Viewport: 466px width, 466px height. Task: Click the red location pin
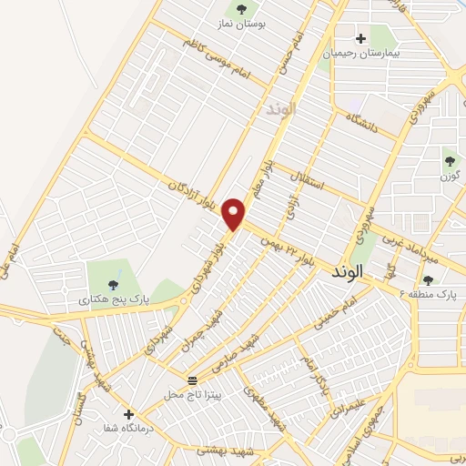[x=236, y=214]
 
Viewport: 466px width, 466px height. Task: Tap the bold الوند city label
[x=347, y=272]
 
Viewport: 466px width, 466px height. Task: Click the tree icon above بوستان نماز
[x=241, y=10]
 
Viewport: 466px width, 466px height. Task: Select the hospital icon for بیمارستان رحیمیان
[x=361, y=39]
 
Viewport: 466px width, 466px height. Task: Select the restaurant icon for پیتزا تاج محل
[x=192, y=380]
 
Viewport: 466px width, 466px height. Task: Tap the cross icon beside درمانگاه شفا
[x=128, y=414]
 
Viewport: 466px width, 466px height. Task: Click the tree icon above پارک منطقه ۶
[x=429, y=279]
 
